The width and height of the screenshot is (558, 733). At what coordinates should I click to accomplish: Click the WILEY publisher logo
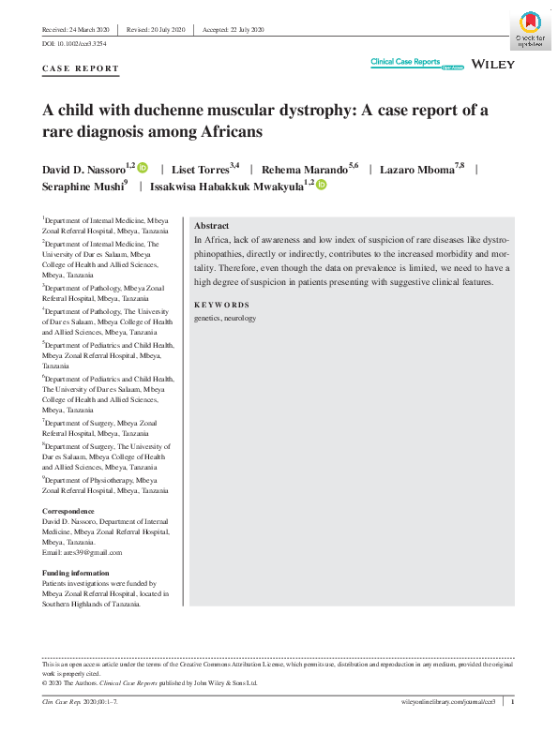(491, 63)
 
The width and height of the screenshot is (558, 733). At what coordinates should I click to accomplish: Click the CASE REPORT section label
(81, 68)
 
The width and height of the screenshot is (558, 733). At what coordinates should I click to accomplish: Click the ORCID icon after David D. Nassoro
(143, 168)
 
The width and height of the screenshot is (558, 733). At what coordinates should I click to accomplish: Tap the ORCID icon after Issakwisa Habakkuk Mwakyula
(321, 186)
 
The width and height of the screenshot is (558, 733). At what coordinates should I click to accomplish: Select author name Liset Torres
(205, 169)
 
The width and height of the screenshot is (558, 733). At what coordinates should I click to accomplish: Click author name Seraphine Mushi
(84, 187)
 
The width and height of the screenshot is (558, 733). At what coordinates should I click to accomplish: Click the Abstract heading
(211, 227)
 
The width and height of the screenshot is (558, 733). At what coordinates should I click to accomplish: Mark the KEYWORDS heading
(221, 305)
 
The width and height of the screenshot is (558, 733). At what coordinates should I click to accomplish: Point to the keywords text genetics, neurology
(224, 319)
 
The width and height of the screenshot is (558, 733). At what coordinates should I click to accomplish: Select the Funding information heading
(76, 573)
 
